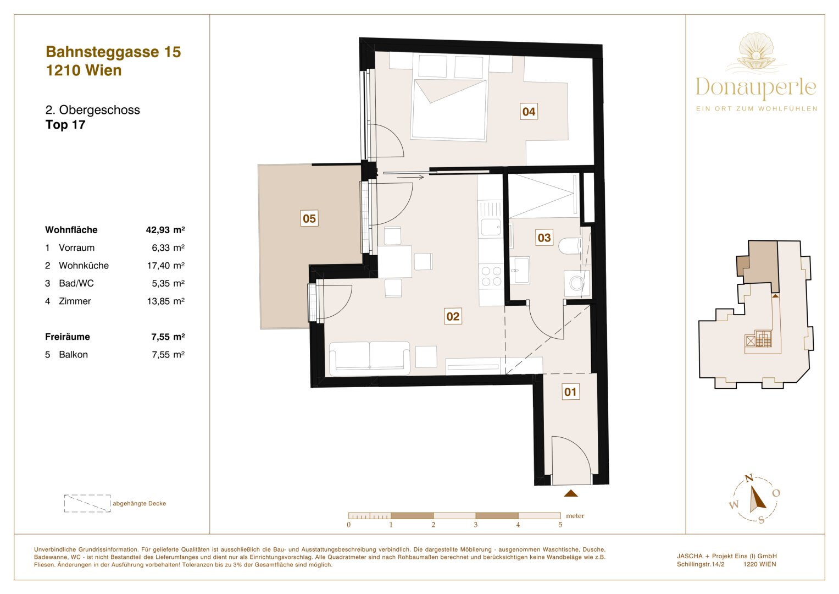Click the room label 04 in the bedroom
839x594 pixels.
(529, 112)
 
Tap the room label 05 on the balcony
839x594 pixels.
(309, 218)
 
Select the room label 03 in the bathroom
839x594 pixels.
(544, 238)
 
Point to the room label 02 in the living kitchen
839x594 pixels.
(453, 316)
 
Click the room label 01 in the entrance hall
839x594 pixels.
(570, 392)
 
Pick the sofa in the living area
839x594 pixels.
(369, 358)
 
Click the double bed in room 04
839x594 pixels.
(449, 109)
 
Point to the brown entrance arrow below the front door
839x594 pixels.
(571, 493)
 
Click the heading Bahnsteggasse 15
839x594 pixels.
(113, 52)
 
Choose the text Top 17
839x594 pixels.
(65, 125)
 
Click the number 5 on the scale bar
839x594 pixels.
(560, 525)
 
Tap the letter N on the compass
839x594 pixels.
(748, 479)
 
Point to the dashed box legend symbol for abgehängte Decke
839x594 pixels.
(87, 503)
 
